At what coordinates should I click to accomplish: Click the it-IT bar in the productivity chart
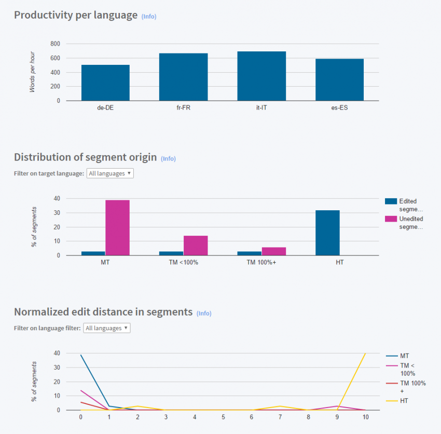261,76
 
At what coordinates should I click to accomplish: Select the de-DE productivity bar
105,83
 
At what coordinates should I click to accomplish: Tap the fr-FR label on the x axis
183,109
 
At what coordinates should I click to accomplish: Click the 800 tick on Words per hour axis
55,44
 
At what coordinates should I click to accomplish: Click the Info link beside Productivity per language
149,16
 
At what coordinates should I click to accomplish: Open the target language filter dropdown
110,173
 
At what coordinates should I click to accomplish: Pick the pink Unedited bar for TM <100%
196,246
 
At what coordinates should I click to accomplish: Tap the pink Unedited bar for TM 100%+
273,251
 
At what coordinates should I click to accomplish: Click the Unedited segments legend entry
404,223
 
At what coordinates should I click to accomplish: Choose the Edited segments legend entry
404,205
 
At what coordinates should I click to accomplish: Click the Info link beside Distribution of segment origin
168,158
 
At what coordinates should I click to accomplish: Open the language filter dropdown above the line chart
107,328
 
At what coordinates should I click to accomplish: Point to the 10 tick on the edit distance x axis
366,417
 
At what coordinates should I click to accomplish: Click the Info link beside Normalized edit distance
204,313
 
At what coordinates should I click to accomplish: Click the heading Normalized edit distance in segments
103,312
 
